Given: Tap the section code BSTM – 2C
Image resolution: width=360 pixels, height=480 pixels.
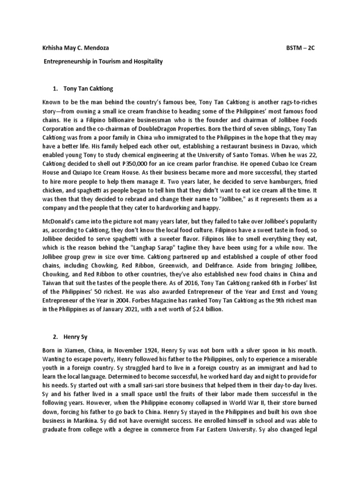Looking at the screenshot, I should (x=300, y=48).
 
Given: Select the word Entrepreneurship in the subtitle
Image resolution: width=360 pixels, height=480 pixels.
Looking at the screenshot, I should (x=69, y=62).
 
